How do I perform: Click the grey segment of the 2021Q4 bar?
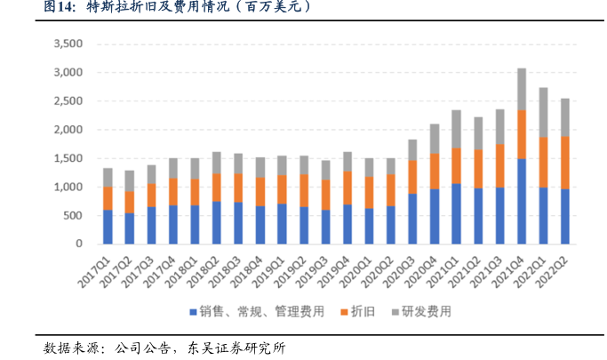tap(522, 89)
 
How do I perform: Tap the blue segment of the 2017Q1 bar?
tap(108, 227)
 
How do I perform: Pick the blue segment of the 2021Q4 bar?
tap(522, 201)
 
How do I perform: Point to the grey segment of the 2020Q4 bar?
tap(435, 139)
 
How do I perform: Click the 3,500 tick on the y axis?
tap(68, 44)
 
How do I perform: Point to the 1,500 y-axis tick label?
tap(68, 158)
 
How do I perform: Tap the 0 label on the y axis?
tap(78, 244)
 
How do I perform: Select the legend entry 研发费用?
tap(426, 311)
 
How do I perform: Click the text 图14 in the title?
tap(59, 8)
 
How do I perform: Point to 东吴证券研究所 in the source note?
tap(236, 347)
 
